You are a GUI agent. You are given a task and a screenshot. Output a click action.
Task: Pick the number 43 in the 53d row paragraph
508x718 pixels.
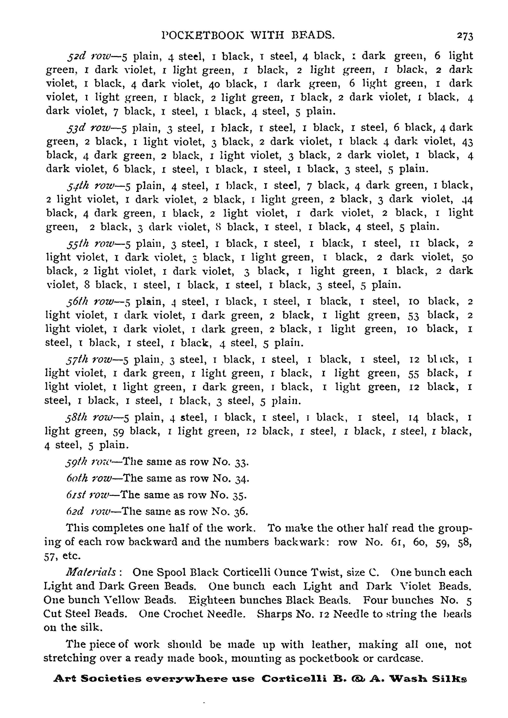click(x=467, y=142)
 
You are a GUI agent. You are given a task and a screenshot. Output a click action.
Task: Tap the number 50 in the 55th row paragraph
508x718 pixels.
click(x=467, y=257)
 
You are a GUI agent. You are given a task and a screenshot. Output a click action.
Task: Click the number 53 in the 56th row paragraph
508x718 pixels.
click(x=414, y=315)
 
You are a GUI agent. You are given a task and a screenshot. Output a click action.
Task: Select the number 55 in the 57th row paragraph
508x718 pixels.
click(x=414, y=373)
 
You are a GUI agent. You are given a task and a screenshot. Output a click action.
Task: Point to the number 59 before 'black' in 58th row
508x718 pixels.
click(x=118, y=432)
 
